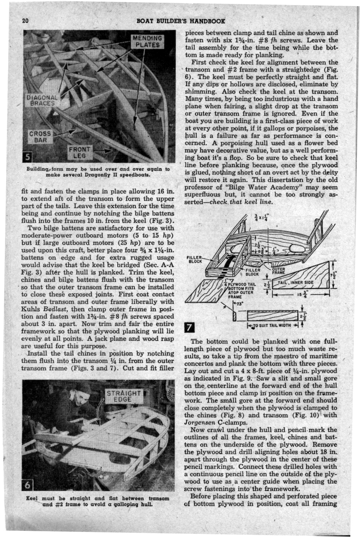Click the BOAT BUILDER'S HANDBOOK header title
coord(181,21)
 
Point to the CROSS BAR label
coord(39,137)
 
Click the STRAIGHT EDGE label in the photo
coord(124,396)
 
